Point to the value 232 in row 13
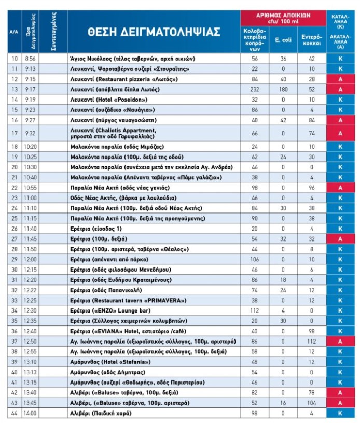(254, 89)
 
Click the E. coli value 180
(283, 89)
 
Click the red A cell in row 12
(340, 79)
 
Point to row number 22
(14, 187)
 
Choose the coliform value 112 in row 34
(254, 310)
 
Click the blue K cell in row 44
(340, 413)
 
